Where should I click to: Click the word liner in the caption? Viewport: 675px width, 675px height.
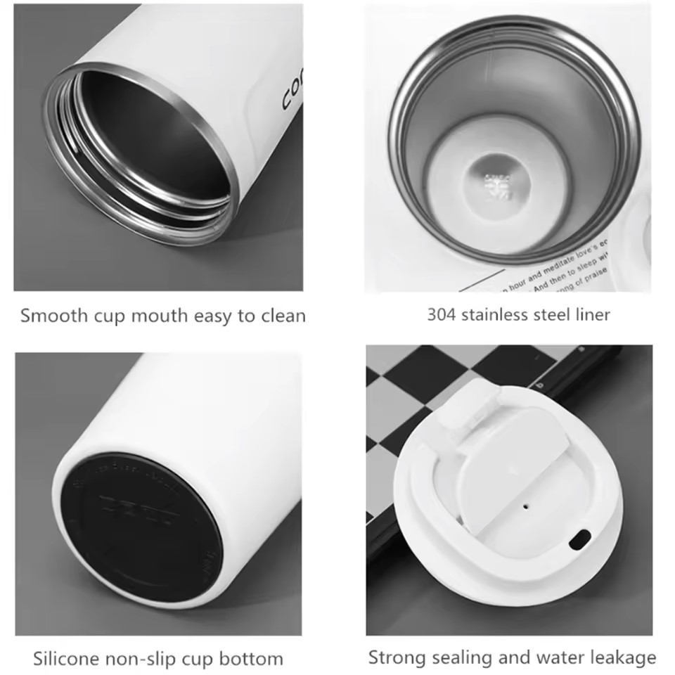(592, 314)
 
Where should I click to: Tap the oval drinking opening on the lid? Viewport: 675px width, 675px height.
(580, 540)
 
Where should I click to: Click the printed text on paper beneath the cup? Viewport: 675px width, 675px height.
(555, 271)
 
